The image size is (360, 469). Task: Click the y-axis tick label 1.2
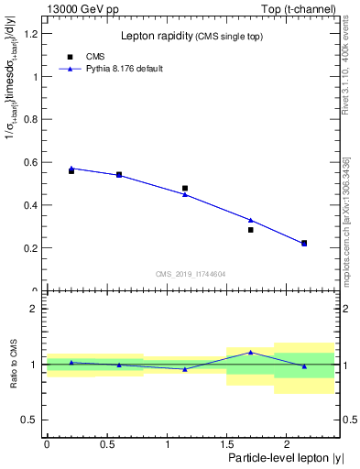tap(34, 34)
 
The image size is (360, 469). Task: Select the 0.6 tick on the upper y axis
tap(34, 162)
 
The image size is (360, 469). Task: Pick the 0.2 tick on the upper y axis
tap(34, 248)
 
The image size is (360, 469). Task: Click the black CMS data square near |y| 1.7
tap(250, 230)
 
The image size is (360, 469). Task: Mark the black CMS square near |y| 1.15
tap(185, 189)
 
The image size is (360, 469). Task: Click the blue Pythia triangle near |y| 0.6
tap(119, 175)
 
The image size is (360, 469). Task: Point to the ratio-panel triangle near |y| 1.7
tap(250, 352)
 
